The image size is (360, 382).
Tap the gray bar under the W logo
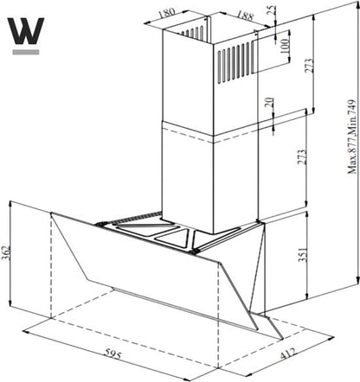[25, 52]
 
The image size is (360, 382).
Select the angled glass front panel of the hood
[156, 268]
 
